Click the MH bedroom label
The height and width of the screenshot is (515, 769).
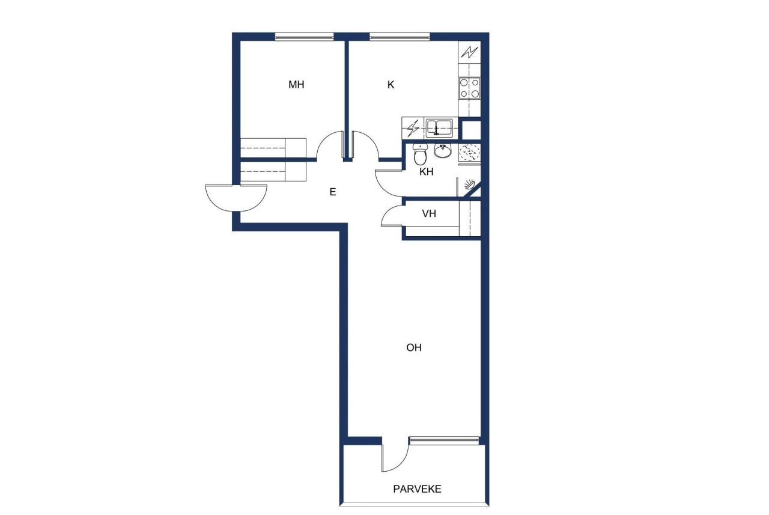click(x=296, y=85)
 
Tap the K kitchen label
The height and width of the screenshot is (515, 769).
click(x=391, y=85)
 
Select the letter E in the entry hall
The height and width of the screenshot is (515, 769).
click(x=332, y=192)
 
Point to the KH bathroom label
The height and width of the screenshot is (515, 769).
click(x=427, y=172)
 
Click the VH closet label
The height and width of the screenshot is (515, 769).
click(x=429, y=213)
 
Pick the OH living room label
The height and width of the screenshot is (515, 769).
click(x=414, y=347)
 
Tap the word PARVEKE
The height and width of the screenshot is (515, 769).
click(x=417, y=489)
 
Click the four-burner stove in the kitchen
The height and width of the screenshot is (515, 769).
click(x=469, y=88)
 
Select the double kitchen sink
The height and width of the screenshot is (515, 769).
click(x=439, y=127)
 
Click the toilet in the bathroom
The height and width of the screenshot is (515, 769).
click(x=421, y=155)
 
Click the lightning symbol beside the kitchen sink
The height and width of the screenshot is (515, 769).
click(x=413, y=127)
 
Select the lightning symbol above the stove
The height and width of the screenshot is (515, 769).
click(x=469, y=52)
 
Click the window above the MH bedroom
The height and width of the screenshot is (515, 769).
click(x=304, y=37)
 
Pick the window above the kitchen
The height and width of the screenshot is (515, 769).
click(x=400, y=37)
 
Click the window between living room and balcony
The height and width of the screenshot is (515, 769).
click(x=446, y=441)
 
